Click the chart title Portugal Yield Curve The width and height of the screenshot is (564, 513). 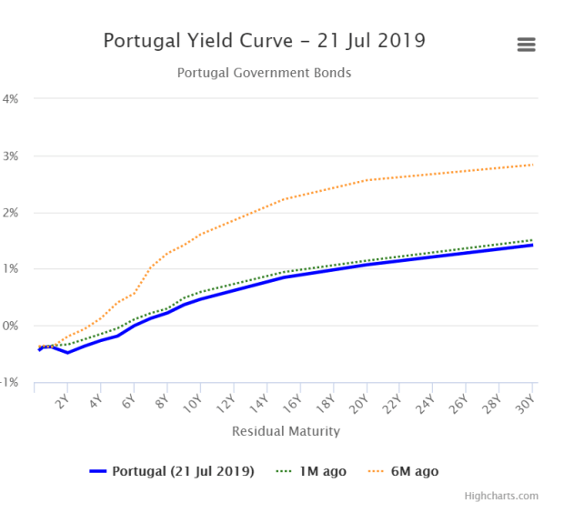click(x=264, y=41)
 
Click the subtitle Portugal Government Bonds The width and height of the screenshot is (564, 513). click(x=264, y=73)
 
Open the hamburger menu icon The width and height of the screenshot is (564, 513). click(x=525, y=45)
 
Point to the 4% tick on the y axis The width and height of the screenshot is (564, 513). click(x=12, y=98)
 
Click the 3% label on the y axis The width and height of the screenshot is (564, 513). click(x=12, y=156)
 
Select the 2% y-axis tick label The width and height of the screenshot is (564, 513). click(x=12, y=213)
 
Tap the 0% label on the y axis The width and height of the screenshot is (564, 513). click(x=12, y=326)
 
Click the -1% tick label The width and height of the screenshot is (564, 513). click(x=10, y=383)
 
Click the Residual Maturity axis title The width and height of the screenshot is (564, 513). click(x=286, y=431)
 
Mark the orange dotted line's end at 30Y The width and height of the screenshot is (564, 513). click(x=533, y=165)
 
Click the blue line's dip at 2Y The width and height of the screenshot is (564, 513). click(x=67, y=352)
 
